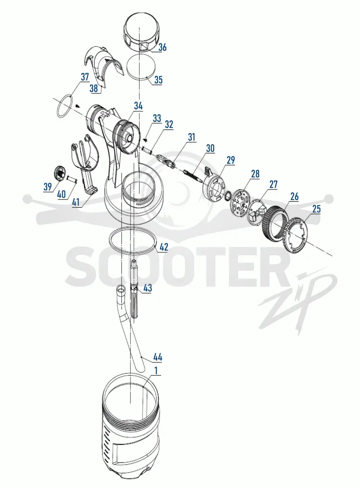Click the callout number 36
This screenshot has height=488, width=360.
tap(162, 47)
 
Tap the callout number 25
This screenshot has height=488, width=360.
tap(316, 209)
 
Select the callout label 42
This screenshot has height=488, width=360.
tap(164, 247)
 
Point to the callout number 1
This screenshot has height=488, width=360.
tap(156, 371)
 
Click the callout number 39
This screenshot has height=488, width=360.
tap(48, 187)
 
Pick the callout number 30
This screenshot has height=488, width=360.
tap(211, 148)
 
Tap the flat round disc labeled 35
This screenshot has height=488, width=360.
tap(142, 67)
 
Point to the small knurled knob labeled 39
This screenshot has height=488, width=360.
tap(58, 173)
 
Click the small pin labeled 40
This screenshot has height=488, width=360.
tap(72, 179)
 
